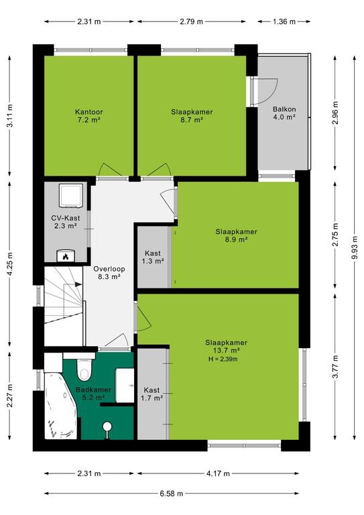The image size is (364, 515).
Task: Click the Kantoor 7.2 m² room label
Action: (x=88, y=115)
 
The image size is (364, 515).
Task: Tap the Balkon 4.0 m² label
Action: (x=284, y=113)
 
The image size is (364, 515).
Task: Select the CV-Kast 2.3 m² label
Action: (x=65, y=222)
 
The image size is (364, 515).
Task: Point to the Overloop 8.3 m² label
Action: (x=109, y=273)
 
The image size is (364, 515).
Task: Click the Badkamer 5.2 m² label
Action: (x=93, y=394)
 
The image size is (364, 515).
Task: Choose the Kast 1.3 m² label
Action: (x=153, y=257)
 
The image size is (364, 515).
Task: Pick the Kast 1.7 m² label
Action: (x=152, y=394)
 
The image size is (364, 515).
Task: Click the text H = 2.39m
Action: (x=223, y=359)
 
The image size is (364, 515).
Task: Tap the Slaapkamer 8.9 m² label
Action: (x=236, y=235)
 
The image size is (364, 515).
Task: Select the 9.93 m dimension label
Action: (x=354, y=247)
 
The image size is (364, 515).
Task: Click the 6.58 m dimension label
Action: (x=172, y=494)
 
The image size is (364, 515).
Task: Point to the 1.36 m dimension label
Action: (x=284, y=21)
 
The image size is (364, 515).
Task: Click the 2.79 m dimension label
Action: (x=191, y=21)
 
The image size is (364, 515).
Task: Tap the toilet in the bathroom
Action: (x=84, y=370)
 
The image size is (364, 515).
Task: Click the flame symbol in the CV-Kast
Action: (x=65, y=256)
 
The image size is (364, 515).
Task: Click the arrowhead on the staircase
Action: (x=78, y=284)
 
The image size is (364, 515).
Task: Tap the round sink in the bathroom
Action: (x=107, y=426)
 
